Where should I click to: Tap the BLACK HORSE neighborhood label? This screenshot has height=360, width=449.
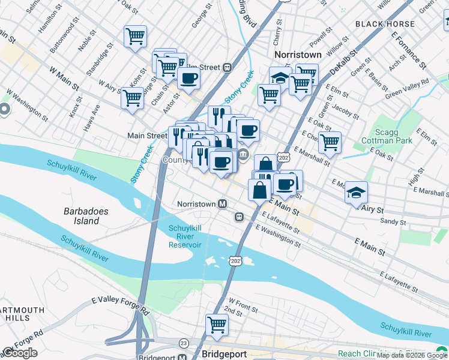click(x=385, y=24)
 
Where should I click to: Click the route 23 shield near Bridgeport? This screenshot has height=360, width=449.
click(x=184, y=342)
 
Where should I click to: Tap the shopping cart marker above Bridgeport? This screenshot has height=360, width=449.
click(x=217, y=324)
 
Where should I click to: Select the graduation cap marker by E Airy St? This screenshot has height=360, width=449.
click(x=356, y=192)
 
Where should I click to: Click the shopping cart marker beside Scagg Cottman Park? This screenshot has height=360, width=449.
click(x=330, y=142)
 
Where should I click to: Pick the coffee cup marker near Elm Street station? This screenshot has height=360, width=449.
click(x=188, y=77)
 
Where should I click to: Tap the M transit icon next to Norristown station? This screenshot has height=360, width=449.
click(x=222, y=204)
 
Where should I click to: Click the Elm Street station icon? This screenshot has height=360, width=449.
click(x=227, y=67)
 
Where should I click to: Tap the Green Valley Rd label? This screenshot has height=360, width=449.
click(x=407, y=88)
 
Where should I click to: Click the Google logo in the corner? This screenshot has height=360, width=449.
click(x=20, y=353)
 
